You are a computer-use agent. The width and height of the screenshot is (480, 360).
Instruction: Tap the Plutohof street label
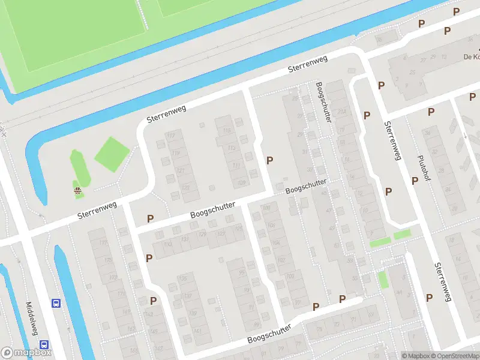coord(424,169)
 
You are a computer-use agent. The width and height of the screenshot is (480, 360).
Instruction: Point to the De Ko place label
coord(470,57)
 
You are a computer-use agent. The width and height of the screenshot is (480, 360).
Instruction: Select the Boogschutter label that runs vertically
coord(323,102)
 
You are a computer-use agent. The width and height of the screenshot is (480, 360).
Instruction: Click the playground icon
coord(77,191)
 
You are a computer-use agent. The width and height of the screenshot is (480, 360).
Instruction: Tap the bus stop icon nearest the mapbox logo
coord(44,344)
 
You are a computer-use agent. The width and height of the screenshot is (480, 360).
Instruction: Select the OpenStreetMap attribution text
coord(453,356)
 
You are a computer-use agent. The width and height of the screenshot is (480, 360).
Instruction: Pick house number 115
coord(227,131)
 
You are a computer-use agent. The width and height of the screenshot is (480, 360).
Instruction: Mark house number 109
coord(192,313)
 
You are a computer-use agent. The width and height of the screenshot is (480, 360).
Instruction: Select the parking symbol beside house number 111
coord(270,160)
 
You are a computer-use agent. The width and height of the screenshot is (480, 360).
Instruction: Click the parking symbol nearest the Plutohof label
coord(414,181)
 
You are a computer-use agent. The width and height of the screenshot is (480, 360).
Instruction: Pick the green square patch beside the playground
coord(112,154)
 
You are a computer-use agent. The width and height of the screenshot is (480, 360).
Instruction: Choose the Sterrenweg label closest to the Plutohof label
coord(394,141)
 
